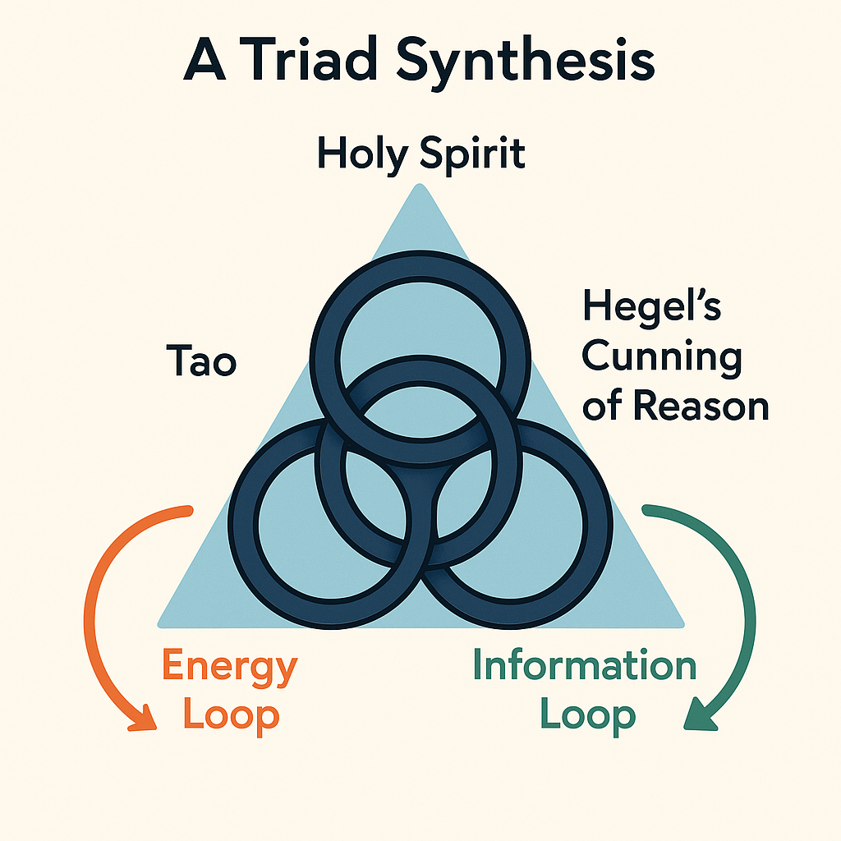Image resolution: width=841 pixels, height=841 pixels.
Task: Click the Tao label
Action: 202,361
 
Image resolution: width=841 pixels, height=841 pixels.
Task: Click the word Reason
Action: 701,405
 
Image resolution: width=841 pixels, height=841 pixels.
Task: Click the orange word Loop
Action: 231,716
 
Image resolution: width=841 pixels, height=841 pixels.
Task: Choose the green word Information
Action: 585,665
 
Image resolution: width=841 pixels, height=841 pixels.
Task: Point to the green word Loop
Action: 588,716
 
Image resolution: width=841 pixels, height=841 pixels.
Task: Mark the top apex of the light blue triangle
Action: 420,185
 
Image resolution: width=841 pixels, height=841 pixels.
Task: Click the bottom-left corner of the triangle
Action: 159,625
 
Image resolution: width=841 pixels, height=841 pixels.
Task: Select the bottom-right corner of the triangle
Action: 682,625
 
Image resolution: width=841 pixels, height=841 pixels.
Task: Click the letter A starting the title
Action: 204,59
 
